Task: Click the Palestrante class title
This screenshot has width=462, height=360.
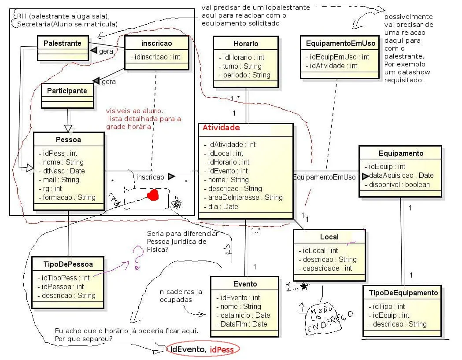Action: click(62, 43)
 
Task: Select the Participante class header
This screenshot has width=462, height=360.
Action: click(67, 91)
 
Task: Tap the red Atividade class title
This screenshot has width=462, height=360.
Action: click(221, 128)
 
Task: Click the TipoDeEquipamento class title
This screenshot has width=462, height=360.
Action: click(403, 293)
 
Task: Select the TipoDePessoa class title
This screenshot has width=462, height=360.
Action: click(68, 264)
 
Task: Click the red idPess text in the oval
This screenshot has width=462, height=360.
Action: click(222, 350)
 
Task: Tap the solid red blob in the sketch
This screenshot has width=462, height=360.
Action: click(153, 195)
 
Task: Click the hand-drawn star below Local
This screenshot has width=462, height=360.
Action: click(304, 286)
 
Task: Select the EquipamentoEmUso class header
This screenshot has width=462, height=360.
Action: click(340, 43)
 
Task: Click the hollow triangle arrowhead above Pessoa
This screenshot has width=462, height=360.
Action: click(68, 128)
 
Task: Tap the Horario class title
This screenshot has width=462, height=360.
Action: click(246, 44)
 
